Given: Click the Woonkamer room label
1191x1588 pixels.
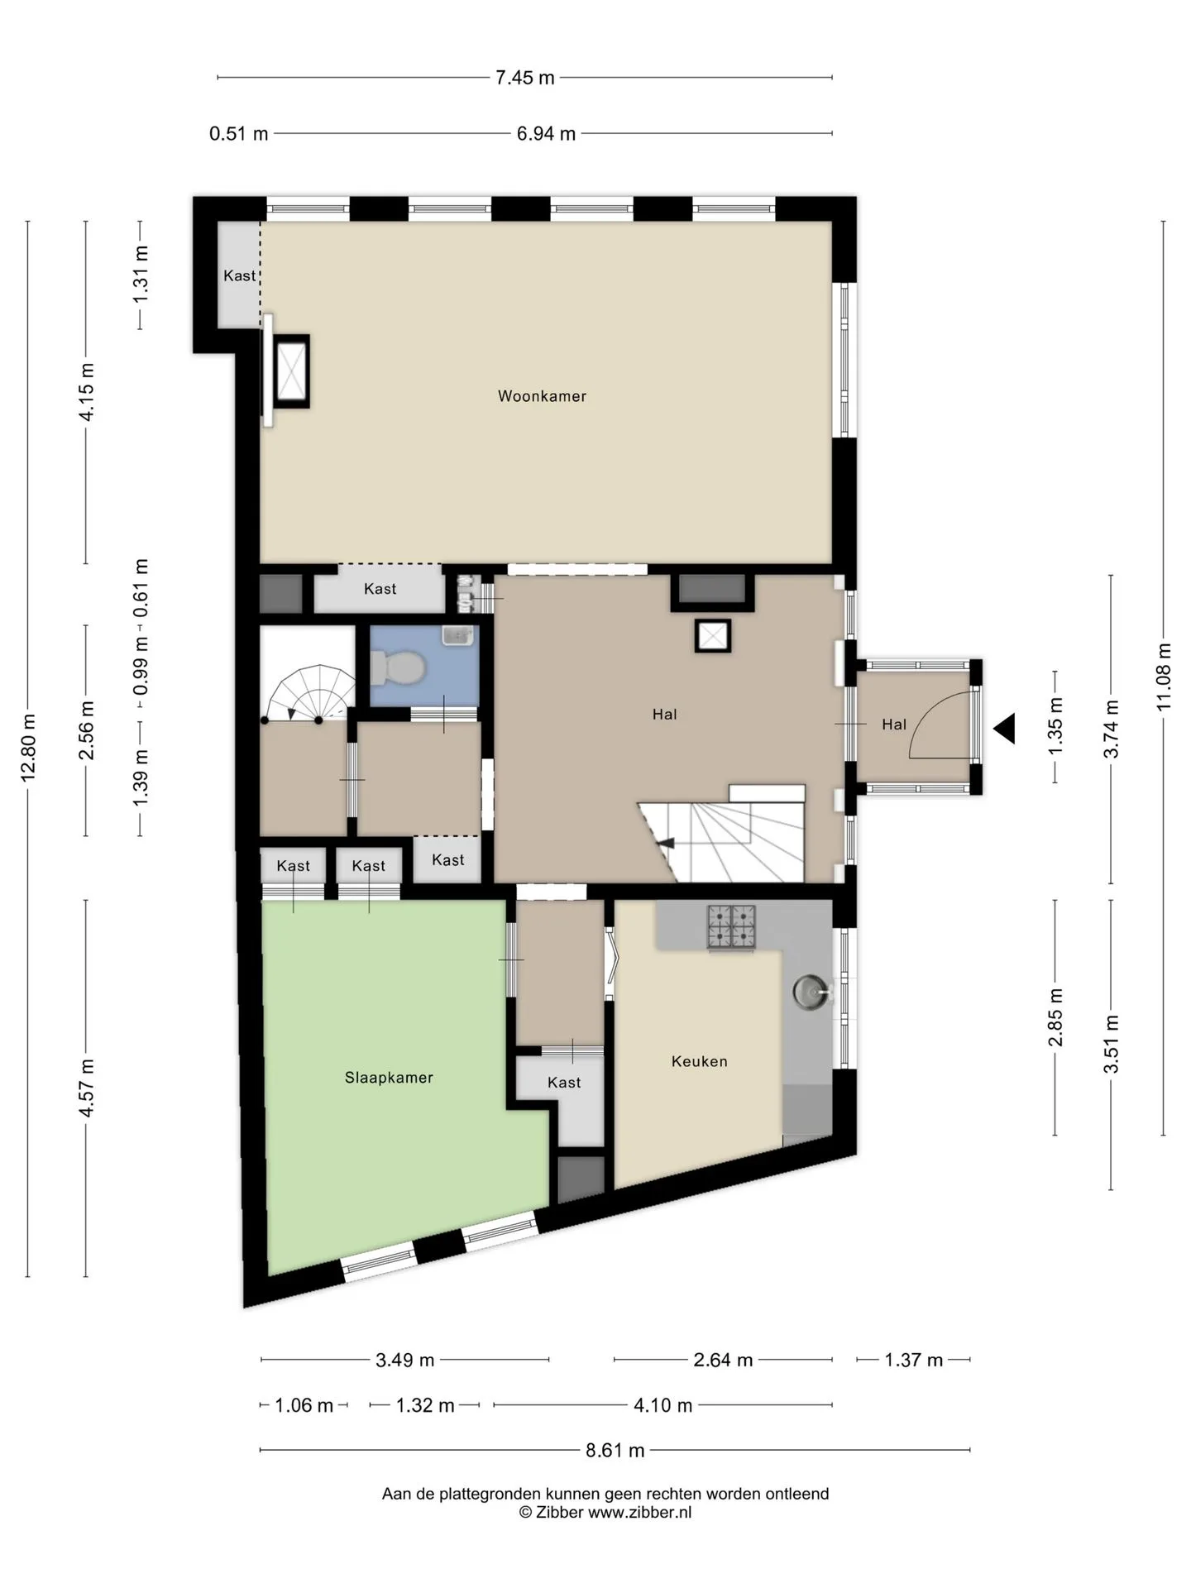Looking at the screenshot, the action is pyautogui.click(x=542, y=396).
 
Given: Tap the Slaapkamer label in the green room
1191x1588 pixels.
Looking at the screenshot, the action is pyautogui.click(x=389, y=1078).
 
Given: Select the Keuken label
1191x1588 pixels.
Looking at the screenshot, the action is pyautogui.click(x=699, y=1061).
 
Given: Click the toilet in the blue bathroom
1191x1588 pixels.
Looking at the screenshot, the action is pyautogui.click(x=397, y=667).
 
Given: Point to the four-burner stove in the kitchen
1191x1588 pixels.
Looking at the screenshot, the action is pyautogui.click(x=731, y=926).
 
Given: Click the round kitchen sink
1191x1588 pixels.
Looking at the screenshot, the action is pyautogui.click(x=810, y=992).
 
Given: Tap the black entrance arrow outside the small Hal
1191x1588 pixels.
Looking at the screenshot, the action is pyautogui.click(x=1003, y=729).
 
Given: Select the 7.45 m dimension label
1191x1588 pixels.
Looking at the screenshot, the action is pyautogui.click(x=524, y=78).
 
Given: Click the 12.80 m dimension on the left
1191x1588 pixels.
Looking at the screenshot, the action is pyautogui.click(x=27, y=748).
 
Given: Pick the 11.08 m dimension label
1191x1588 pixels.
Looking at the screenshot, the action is pyautogui.click(x=1164, y=677).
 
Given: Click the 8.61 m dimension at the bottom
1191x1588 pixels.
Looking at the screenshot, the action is pyautogui.click(x=615, y=1450).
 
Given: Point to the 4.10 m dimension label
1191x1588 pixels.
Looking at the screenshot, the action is pyautogui.click(x=662, y=1405).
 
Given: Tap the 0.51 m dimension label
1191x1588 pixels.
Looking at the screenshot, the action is pyautogui.click(x=238, y=133).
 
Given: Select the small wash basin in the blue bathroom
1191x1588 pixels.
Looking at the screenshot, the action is pyautogui.click(x=457, y=636).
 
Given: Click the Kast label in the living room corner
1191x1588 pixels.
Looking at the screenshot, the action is pyautogui.click(x=239, y=275).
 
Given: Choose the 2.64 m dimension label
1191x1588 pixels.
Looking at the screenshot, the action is pyautogui.click(x=723, y=1361).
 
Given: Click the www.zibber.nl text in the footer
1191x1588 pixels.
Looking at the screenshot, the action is pyautogui.click(x=639, y=1513).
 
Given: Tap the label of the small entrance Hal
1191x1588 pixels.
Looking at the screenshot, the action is pyautogui.click(x=894, y=725).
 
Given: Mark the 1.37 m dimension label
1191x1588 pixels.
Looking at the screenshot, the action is pyautogui.click(x=913, y=1361).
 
